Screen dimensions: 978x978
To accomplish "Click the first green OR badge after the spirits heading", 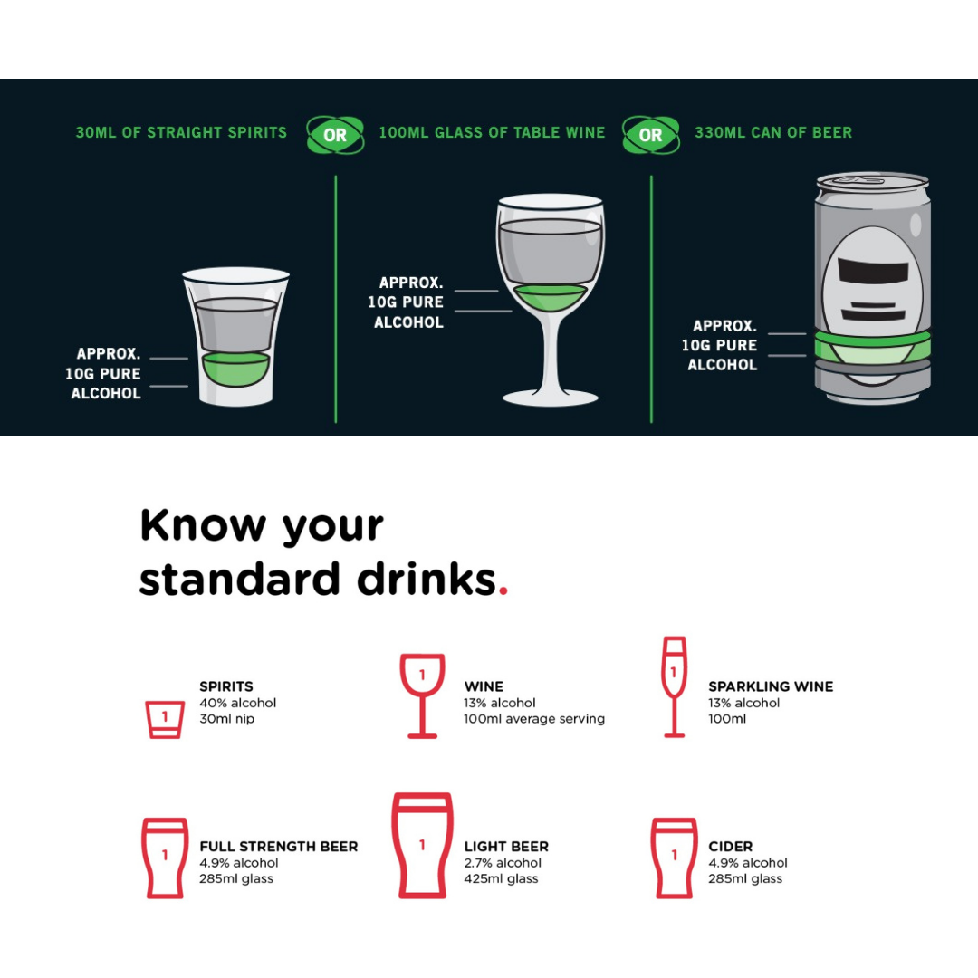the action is pos(335,135).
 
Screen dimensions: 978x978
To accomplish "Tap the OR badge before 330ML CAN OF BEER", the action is pos(650,135).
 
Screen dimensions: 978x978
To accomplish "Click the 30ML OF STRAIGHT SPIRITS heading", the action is pos(181,133).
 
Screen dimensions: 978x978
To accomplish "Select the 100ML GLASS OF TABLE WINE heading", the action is pos(492,133).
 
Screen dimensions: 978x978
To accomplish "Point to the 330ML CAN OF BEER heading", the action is pos(773,133).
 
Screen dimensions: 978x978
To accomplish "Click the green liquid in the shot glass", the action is pos(235,369).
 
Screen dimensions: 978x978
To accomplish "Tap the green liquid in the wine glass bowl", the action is pos(550,298).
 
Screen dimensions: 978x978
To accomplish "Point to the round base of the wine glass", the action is pos(551,398).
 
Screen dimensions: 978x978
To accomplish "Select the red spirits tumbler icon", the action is pos(165,720).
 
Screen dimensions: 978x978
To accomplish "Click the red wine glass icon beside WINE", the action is pos(422,696).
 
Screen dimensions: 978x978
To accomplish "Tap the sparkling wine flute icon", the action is pos(674,686).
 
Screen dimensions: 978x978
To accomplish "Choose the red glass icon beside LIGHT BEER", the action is pos(422,845).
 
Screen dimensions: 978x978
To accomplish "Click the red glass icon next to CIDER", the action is pos(674,858).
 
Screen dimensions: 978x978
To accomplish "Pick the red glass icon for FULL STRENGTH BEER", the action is pos(165,858).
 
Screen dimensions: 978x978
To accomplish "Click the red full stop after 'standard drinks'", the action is pos(503,590).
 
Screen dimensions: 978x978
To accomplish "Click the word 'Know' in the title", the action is pos(204,525).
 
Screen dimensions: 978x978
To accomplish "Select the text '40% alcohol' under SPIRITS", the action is pos(237,703).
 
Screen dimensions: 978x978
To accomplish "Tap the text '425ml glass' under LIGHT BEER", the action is pos(501,878).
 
